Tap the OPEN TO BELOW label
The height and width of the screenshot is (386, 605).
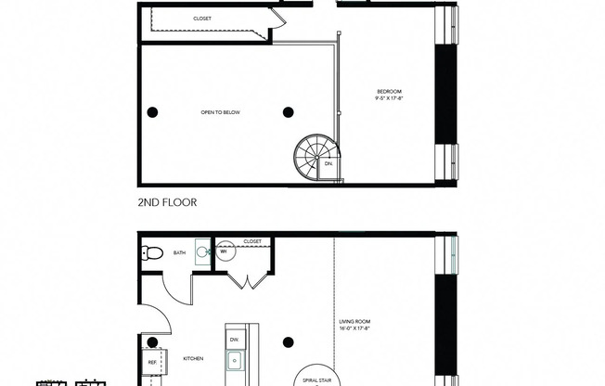(x=221, y=112)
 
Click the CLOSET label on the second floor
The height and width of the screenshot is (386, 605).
(x=201, y=18)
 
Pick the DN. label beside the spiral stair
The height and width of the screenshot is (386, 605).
(x=327, y=165)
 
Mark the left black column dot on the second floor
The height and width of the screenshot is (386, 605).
(x=152, y=112)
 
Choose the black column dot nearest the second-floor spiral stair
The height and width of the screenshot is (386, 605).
(x=288, y=112)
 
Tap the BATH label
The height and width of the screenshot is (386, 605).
(x=178, y=251)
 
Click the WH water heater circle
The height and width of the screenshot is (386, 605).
(x=224, y=251)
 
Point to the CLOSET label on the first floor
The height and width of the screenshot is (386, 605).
(x=252, y=242)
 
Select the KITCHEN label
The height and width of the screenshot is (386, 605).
(x=193, y=358)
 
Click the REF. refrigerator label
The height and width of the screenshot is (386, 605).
(x=152, y=363)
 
